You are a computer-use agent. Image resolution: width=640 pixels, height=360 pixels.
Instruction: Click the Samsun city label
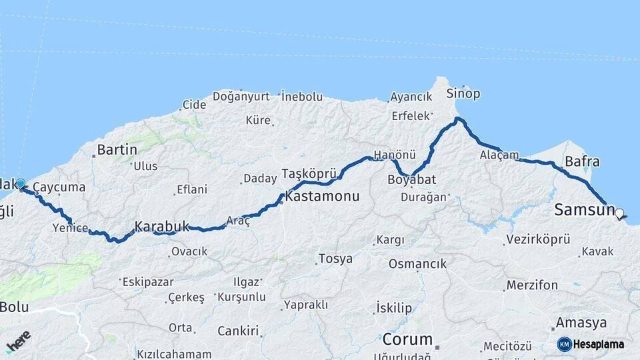click(x=584, y=211)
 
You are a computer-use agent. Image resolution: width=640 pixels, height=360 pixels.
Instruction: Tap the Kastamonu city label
click(x=322, y=197)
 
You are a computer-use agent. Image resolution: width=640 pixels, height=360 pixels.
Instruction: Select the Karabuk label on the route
click(x=162, y=226)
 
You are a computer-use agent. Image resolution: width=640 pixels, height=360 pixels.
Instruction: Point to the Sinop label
click(x=463, y=93)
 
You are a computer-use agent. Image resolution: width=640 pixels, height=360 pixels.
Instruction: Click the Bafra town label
click(x=581, y=161)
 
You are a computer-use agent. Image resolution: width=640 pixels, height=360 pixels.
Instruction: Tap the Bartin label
click(x=117, y=149)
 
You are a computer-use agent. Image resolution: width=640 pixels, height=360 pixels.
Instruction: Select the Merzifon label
click(x=531, y=285)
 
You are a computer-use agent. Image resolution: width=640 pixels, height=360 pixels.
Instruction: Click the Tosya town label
click(x=335, y=259)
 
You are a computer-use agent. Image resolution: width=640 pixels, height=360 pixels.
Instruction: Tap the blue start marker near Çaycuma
click(x=21, y=183)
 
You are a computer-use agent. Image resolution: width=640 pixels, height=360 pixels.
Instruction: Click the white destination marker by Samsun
click(x=620, y=214)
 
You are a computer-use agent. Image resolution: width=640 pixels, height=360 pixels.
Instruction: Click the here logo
click(x=19, y=341)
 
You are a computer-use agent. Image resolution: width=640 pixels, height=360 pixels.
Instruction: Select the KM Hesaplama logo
click(x=591, y=344)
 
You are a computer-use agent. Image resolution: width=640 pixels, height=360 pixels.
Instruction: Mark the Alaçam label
click(x=499, y=155)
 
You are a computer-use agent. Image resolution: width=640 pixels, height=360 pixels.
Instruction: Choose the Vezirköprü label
click(x=537, y=239)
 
